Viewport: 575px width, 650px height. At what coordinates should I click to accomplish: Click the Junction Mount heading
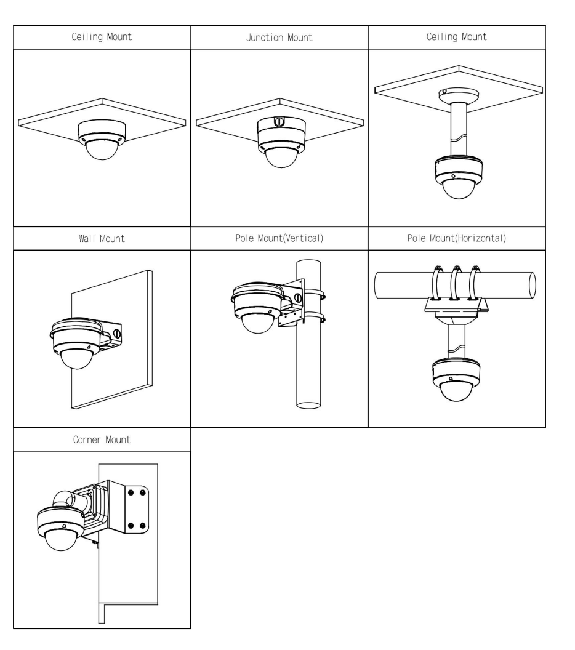pos(279,38)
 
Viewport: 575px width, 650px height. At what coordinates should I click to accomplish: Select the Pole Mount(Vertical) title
pos(279,239)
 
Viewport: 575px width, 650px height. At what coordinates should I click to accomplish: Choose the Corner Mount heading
pos(102,441)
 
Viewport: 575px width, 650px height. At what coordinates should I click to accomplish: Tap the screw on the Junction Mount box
pos(278,121)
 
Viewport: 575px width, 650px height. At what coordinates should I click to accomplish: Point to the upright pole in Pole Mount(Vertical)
pos(312,369)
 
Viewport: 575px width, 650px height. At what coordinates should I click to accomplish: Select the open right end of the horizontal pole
pos(531,284)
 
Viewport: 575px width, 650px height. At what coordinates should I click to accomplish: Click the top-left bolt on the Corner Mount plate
pos(130,493)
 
